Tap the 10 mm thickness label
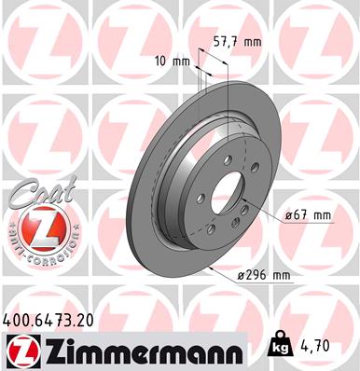point(174,62)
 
